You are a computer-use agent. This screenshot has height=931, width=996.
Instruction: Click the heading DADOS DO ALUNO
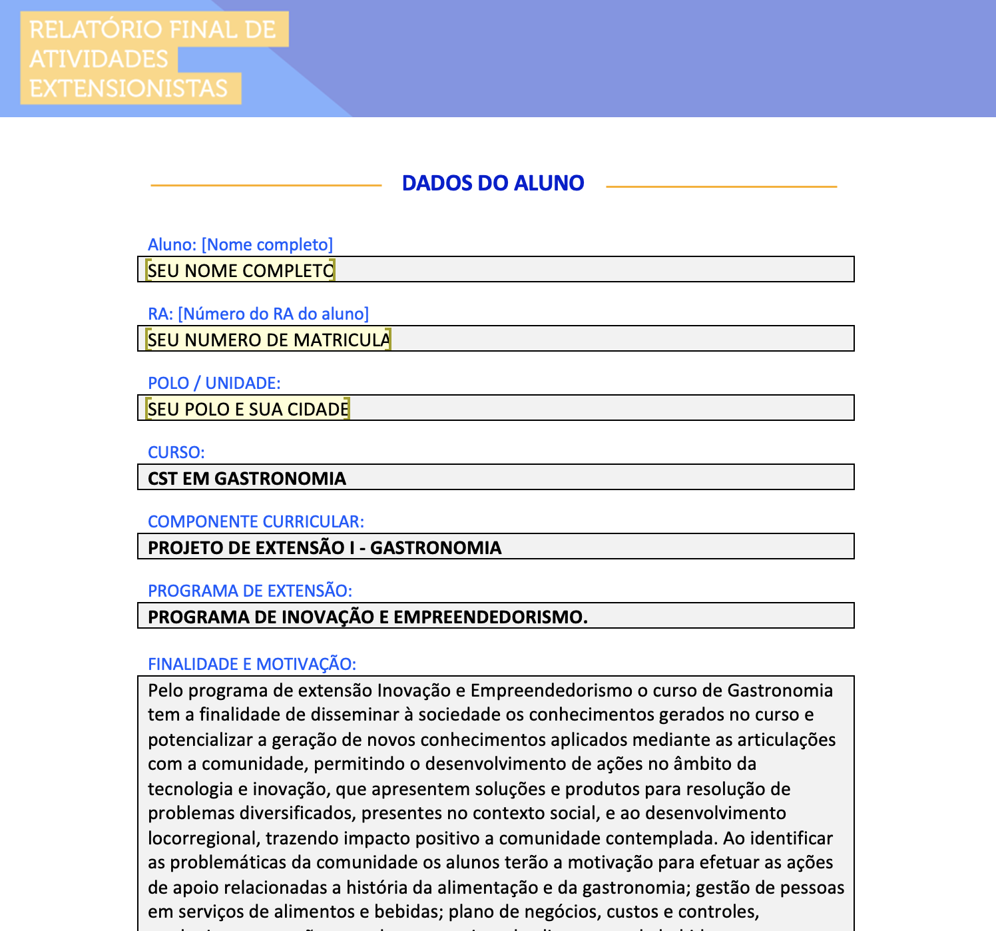click(x=493, y=183)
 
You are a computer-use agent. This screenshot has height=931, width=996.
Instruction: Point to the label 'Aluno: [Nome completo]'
click(x=240, y=244)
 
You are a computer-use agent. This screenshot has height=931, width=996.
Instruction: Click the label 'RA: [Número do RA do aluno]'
click(x=258, y=314)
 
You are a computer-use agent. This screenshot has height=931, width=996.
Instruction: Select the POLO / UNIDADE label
click(x=214, y=383)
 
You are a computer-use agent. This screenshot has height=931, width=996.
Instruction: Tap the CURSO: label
click(x=176, y=452)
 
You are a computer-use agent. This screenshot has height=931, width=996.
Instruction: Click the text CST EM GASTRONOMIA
click(x=246, y=478)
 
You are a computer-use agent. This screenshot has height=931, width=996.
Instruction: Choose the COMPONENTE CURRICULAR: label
click(x=256, y=521)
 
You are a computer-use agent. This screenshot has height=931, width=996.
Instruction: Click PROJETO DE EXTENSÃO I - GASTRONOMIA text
click(x=324, y=547)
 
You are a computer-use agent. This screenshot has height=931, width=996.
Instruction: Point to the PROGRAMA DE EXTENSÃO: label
click(x=250, y=591)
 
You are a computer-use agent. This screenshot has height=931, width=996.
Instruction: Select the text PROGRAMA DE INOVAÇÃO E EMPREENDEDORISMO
click(x=368, y=617)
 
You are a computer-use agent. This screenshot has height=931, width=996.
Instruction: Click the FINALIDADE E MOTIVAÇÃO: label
click(x=252, y=664)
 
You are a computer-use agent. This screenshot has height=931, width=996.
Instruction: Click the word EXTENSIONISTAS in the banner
click(x=128, y=89)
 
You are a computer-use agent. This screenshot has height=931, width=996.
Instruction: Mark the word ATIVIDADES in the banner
click(x=99, y=59)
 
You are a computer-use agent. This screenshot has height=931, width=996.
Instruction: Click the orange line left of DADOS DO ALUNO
click(x=266, y=185)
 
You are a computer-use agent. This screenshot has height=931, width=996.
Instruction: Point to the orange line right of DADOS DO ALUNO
click(x=721, y=186)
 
